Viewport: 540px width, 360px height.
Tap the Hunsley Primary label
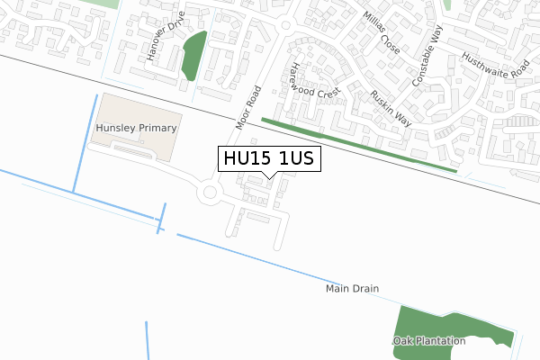click(136, 129)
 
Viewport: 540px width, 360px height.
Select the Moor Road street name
click(248, 107)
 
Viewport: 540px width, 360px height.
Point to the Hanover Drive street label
click(165, 37)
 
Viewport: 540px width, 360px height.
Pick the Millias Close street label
click(382, 32)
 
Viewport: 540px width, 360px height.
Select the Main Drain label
click(353, 289)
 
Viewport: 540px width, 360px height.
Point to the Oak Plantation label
click(429, 341)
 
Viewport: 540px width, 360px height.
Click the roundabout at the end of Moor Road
click(211, 192)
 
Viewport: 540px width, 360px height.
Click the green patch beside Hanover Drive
click(193, 55)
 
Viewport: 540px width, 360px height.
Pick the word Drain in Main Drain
click(365, 289)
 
